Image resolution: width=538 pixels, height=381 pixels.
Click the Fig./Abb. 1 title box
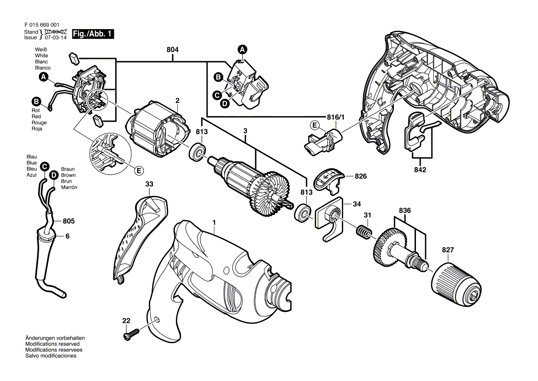[x=93, y=34]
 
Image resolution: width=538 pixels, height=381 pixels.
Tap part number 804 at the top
[x=173, y=50]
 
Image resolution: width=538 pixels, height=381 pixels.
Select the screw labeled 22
[x=131, y=333]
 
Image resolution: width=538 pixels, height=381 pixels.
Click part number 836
[x=405, y=210]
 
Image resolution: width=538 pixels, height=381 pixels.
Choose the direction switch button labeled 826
[x=329, y=179]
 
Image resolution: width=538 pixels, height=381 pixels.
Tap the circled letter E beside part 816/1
[x=314, y=125]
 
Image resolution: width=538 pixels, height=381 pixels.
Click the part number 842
[x=420, y=170]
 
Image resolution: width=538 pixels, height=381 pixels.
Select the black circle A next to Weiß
[x=44, y=77]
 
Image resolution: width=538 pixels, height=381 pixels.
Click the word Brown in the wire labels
[x=68, y=175]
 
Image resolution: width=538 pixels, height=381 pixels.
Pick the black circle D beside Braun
[x=53, y=175]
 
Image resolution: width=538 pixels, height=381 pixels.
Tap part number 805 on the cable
[x=69, y=221]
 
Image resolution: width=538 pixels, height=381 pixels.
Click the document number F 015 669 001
[x=42, y=25]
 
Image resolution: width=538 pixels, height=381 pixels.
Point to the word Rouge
[x=39, y=123]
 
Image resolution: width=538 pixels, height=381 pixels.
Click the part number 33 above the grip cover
[x=149, y=184]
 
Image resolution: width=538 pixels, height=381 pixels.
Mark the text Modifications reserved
[x=53, y=344]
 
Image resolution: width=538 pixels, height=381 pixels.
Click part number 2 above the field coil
[x=177, y=101]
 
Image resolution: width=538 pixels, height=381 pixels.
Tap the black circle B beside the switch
[x=218, y=77]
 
